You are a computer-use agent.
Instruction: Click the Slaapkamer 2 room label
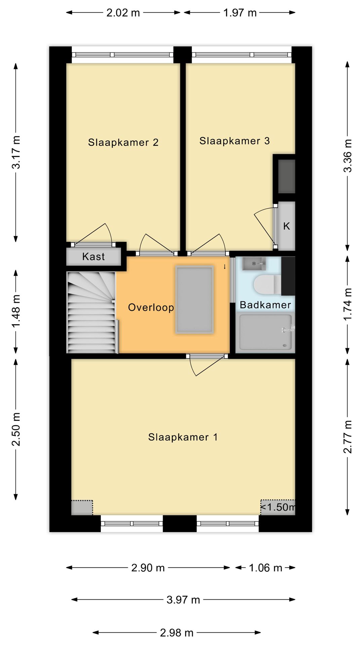[x=123, y=142]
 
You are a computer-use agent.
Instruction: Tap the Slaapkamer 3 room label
[x=235, y=141]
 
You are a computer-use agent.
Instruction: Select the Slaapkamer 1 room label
[x=183, y=437]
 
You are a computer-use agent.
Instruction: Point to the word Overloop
[x=151, y=307]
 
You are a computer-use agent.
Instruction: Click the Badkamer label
[x=265, y=305]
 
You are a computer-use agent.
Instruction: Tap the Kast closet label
[x=93, y=257]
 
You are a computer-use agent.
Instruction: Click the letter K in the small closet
[x=286, y=226]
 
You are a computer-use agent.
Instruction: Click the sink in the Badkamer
[x=254, y=264]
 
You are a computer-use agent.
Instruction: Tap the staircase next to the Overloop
[x=92, y=312]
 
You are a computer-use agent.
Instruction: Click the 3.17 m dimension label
[x=16, y=152]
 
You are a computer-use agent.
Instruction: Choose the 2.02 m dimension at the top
[x=123, y=13]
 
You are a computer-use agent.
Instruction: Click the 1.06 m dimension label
[x=265, y=568]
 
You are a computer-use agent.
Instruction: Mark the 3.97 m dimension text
[x=183, y=600]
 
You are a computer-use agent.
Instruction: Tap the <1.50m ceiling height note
[x=278, y=507]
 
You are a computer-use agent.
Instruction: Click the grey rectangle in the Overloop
[x=194, y=300]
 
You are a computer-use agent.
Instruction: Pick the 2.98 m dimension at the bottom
[x=176, y=633]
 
